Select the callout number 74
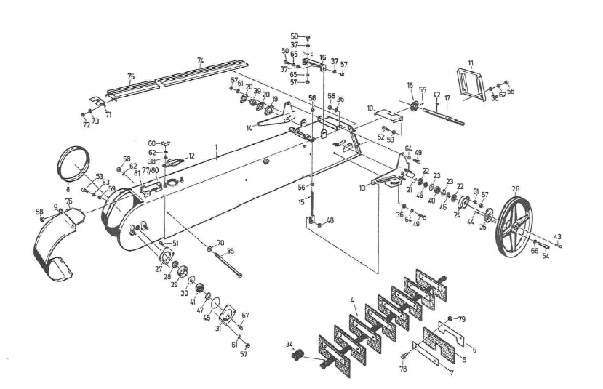[x=200, y=60]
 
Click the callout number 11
[x=471, y=65]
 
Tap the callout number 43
[x=558, y=237]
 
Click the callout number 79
[x=462, y=319]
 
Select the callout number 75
[x=131, y=76]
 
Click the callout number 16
[x=323, y=57]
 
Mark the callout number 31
[x=218, y=328]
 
